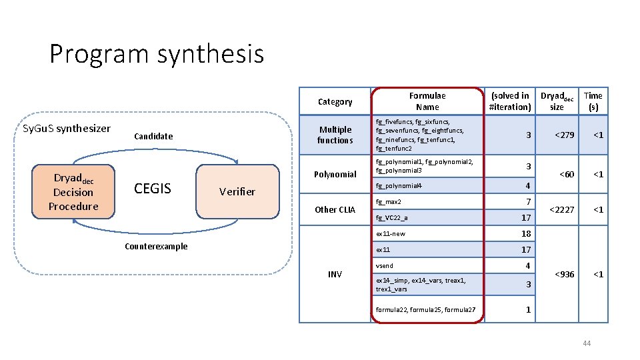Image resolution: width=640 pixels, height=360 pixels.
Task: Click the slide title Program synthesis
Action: [157, 54]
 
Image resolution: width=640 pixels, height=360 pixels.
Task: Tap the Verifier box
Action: [237, 192]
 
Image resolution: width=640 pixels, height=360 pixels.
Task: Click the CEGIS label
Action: [153, 188]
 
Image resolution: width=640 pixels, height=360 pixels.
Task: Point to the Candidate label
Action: [153, 136]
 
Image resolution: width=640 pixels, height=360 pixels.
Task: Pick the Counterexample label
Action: [156, 246]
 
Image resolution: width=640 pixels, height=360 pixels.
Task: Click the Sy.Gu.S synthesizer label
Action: [67, 128]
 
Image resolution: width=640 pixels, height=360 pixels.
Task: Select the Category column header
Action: [335, 101]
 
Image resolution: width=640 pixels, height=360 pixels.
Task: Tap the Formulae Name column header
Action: [427, 101]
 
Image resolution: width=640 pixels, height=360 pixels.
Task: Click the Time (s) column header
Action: [593, 101]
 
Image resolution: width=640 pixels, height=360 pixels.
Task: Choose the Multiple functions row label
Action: [335, 135]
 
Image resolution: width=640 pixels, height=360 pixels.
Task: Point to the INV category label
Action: [335, 274]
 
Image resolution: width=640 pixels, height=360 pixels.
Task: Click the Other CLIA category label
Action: [335, 209]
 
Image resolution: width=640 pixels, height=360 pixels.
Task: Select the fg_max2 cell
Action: [389, 201]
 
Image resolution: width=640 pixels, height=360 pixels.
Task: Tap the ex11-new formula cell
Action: [390, 234]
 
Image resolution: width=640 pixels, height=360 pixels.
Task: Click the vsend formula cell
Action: [385, 265]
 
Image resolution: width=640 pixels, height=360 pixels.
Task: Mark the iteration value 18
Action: [526, 233]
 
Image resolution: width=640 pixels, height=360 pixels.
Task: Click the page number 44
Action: [587, 343]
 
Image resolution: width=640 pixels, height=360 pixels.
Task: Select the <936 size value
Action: [563, 274]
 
